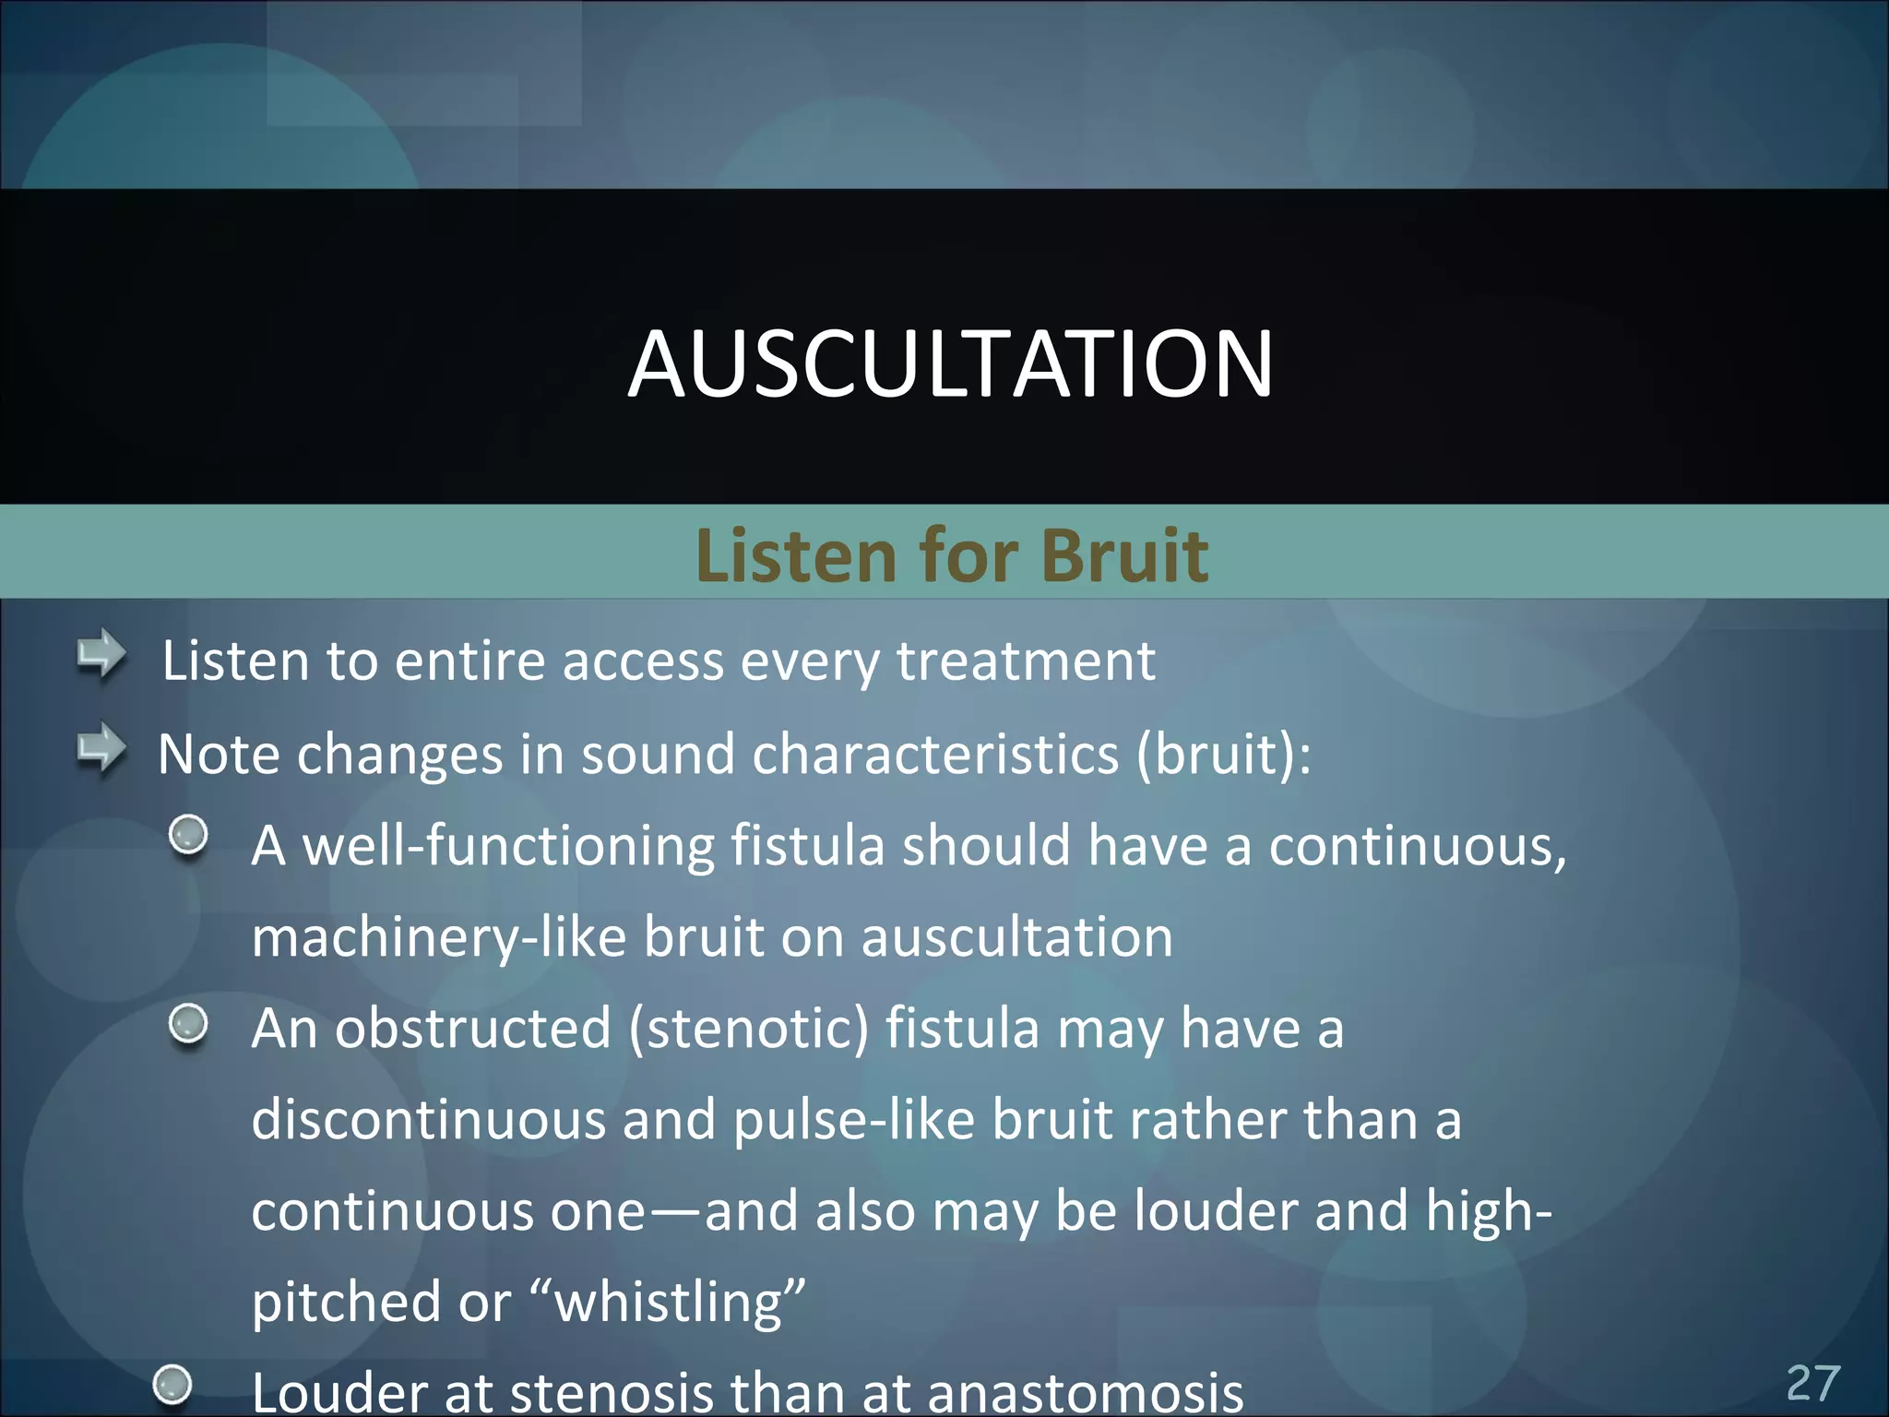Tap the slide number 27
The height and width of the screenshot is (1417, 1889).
[1812, 1383]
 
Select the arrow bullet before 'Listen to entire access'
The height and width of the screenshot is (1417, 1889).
[101, 656]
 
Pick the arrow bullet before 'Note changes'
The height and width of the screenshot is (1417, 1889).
[101, 750]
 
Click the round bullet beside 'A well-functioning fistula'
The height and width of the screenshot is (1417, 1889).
[189, 835]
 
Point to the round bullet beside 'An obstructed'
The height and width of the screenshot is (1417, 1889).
[189, 1024]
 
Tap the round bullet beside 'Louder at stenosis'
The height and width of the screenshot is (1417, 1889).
[172, 1384]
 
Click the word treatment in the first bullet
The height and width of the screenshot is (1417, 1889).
[1026, 661]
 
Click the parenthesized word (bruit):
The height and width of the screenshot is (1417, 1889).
[1223, 755]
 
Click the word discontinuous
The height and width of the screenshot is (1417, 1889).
[429, 1120]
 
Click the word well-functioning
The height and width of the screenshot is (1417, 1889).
[508, 846]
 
